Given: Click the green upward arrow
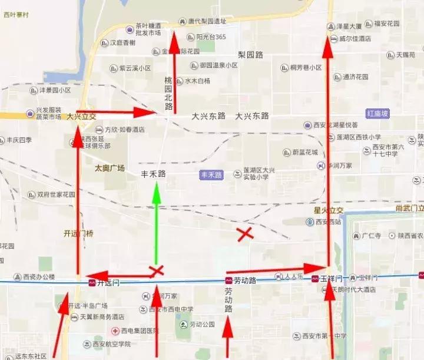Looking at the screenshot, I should (x=156, y=224).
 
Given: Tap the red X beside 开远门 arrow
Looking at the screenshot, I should (x=156, y=271).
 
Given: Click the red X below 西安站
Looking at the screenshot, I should (x=245, y=234).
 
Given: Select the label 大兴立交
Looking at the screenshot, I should (x=81, y=117).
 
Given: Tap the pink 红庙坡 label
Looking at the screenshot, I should (x=377, y=113).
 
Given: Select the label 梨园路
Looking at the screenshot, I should (x=250, y=54).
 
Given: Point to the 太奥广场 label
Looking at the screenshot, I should (x=110, y=168).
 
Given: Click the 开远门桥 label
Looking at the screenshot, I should (x=79, y=233).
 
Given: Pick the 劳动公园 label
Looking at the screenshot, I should (x=201, y=324).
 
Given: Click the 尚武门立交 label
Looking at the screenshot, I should (x=410, y=208).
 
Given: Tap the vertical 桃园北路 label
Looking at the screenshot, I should (x=168, y=93).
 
